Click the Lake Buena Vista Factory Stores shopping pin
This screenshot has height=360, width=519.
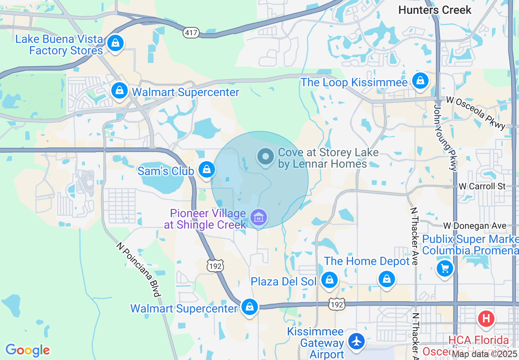(116, 43)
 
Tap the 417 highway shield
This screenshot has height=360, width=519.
(191, 33)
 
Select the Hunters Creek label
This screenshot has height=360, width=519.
(435, 10)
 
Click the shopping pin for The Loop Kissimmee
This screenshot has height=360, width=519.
(420, 81)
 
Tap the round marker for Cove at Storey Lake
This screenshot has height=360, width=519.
(266, 156)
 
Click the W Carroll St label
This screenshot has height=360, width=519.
(482, 187)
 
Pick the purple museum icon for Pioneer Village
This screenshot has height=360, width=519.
(259, 218)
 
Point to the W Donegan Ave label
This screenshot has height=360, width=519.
(475, 226)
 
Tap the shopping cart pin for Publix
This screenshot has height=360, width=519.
(445, 269)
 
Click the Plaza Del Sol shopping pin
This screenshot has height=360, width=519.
(329, 280)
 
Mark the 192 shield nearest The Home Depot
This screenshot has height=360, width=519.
(337, 304)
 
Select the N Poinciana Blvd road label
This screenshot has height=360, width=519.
(138, 270)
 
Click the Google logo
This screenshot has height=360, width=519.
(27, 350)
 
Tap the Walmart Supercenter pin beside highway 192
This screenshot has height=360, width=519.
(249, 306)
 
